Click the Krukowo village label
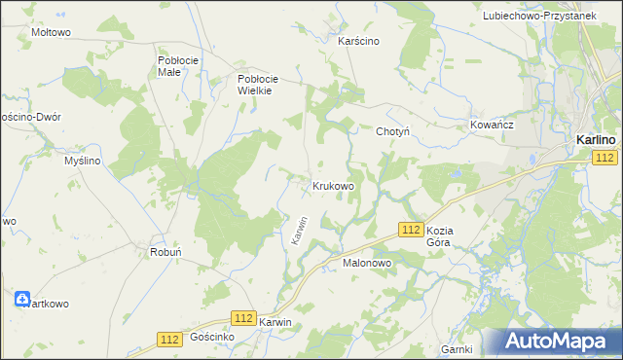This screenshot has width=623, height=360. coord(332,185)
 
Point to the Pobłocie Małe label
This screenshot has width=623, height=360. coord(178,65)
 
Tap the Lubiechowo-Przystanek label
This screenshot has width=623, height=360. coord(552,17)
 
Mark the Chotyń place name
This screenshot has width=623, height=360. coord(392,130)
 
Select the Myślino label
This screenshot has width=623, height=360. coord(83,161)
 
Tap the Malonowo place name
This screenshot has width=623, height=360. coord(366,263)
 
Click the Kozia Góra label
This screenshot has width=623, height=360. coord(448,236)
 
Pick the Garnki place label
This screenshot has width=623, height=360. coord(457,348)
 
